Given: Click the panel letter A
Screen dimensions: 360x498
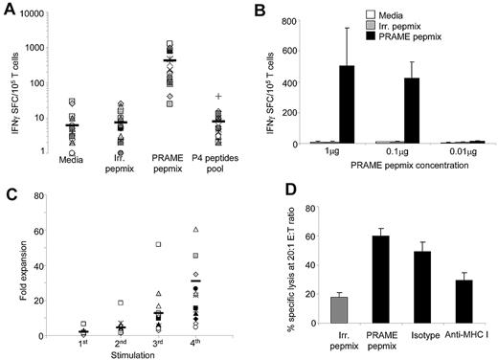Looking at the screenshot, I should [9, 8].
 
